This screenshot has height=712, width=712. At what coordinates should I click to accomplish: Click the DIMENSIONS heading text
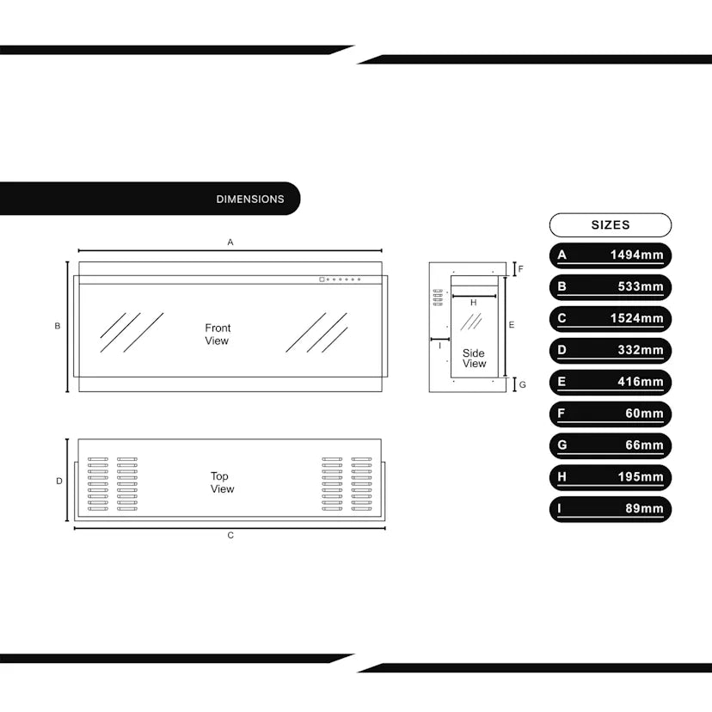point(250,199)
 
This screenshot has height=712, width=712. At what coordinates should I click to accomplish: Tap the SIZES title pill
point(611,225)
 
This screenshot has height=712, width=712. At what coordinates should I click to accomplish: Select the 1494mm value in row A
point(636,255)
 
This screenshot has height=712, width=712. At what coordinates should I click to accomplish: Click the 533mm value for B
point(641,286)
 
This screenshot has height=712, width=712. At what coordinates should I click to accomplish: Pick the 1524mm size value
point(636,318)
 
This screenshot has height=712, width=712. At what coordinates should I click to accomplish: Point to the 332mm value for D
point(641,350)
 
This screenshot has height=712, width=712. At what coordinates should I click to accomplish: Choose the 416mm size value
point(641,382)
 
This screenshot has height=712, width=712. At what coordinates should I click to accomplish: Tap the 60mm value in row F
point(644,414)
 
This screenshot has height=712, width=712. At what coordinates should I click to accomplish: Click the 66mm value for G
point(644,445)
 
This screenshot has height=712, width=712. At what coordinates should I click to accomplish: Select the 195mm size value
point(641,476)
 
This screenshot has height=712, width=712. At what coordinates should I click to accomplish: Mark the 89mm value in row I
point(644,508)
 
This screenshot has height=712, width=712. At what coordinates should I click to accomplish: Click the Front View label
point(218,335)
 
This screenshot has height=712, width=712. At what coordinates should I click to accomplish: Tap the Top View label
point(222,482)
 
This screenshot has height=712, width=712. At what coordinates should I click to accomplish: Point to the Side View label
point(474,359)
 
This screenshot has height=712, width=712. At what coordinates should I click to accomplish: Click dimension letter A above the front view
point(230,242)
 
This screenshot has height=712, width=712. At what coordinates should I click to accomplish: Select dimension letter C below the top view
point(230,536)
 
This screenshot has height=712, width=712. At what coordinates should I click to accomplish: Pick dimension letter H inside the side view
point(474,303)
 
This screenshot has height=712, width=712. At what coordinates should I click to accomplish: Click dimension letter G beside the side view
point(522,385)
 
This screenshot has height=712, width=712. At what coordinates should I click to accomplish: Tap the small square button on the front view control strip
point(322,279)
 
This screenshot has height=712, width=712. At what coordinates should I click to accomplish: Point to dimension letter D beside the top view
point(59,481)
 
